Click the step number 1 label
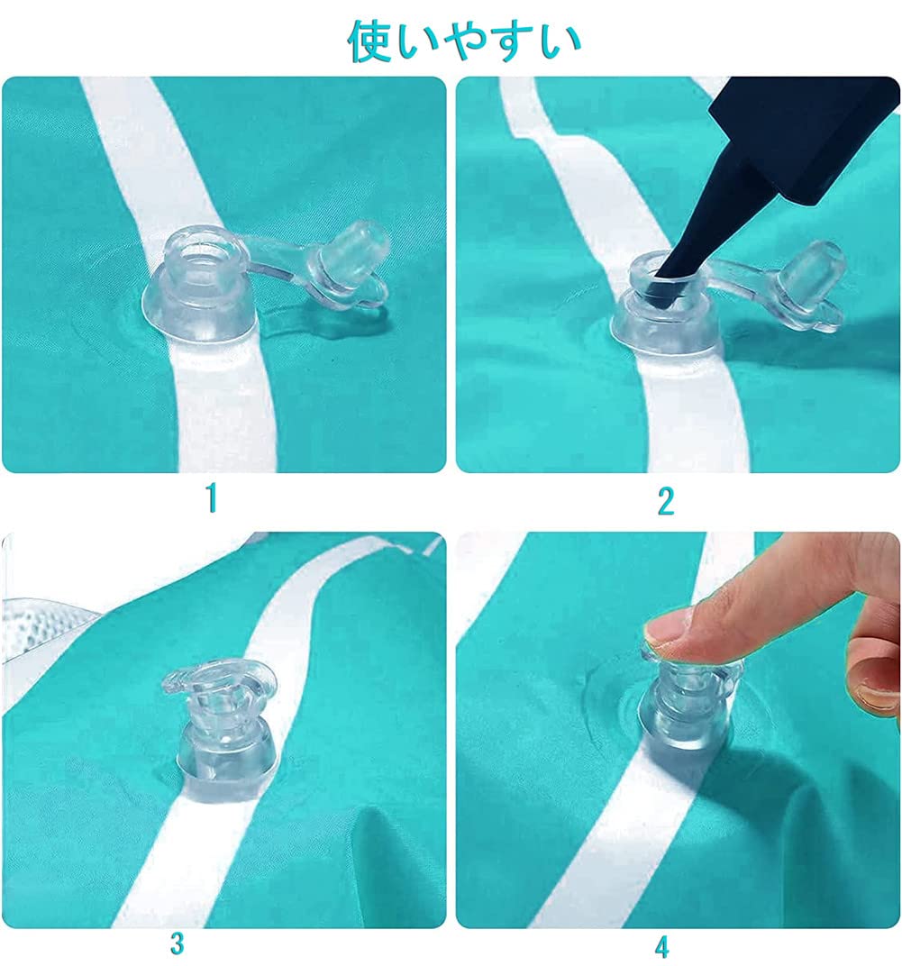212,497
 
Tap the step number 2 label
666,501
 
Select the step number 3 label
177,943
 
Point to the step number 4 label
663,947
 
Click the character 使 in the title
371,41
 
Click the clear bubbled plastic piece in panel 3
50,628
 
